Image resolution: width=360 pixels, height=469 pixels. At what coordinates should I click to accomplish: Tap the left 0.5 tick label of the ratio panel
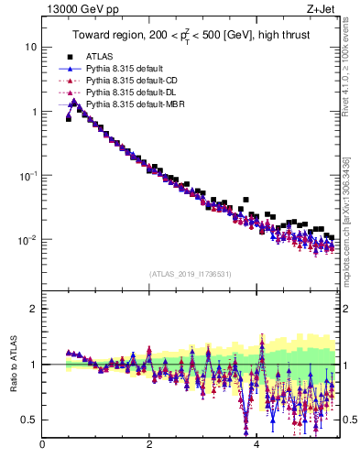point(29,420)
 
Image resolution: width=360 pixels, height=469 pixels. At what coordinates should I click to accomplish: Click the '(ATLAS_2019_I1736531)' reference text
point(190,274)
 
